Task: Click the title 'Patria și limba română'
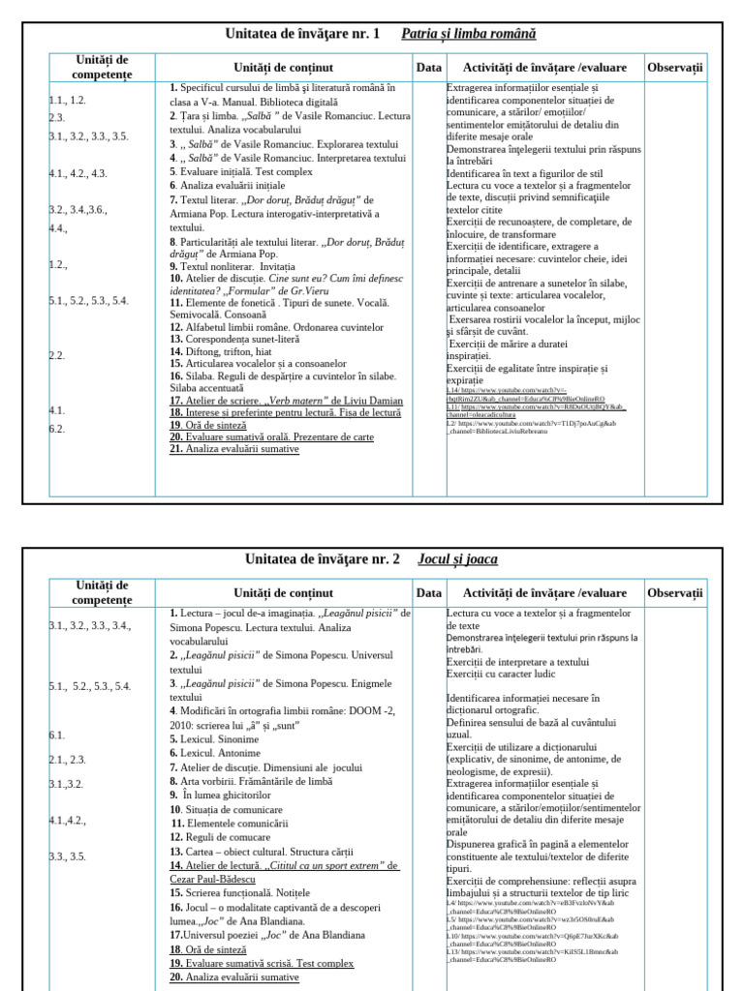469,34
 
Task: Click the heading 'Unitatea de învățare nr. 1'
303,34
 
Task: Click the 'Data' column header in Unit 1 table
428,68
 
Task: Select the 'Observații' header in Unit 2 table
675,593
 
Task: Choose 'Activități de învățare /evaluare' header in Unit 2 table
544,593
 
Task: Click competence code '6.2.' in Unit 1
57,429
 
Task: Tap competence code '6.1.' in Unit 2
57,736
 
